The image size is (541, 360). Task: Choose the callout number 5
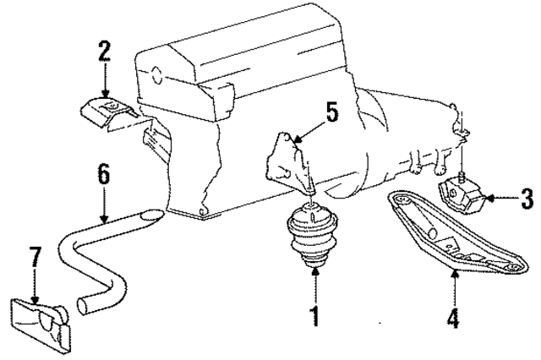332,110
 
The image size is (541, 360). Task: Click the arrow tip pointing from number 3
489,201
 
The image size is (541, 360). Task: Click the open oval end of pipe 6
150,215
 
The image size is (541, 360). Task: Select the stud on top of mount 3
463,177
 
